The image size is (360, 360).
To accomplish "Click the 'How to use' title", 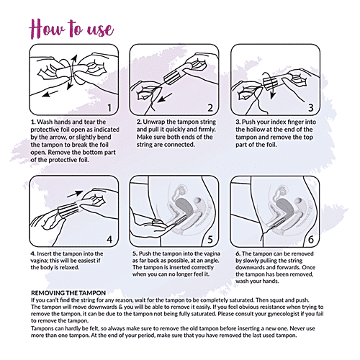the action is [x=71, y=29].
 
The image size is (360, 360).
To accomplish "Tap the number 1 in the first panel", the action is [x=109, y=108].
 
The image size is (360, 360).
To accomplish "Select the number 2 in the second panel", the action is [x=210, y=108].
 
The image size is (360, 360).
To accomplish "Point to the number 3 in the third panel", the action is [x=311, y=108].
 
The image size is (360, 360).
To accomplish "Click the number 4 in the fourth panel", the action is [x=109, y=239].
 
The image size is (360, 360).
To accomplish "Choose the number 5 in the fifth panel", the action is [x=210, y=239].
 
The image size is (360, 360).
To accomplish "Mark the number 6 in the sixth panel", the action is [x=311, y=239].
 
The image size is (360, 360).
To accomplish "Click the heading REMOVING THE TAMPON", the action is [x=68, y=293].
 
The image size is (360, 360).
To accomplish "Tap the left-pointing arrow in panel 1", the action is [x=50, y=94].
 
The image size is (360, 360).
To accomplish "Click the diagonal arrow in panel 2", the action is [x=165, y=98].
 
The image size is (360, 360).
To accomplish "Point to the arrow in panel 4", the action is [x=75, y=194].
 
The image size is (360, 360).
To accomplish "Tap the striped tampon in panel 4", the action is [x=68, y=210].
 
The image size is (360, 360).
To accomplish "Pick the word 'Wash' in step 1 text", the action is [x=45, y=122].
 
